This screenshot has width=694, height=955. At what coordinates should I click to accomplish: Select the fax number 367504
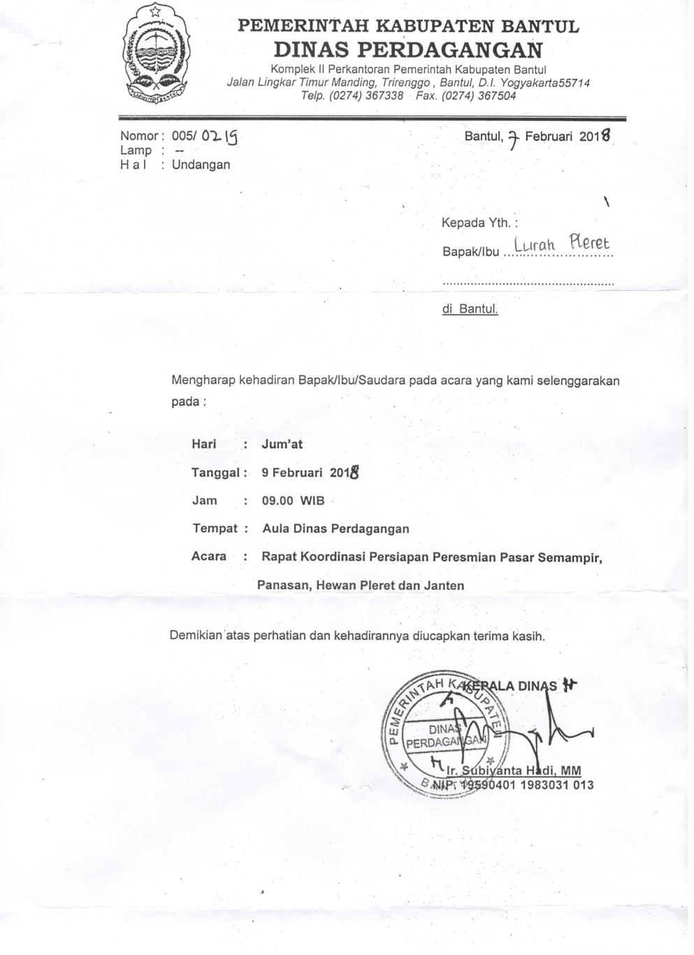496,96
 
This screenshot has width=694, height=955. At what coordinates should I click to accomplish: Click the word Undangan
201,165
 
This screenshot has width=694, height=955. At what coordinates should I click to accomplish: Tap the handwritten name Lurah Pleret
561,244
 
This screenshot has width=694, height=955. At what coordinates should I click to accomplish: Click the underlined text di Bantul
470,308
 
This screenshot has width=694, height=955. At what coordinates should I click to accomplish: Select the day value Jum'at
282,444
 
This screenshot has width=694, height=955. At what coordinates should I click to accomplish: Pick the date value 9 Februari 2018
310,473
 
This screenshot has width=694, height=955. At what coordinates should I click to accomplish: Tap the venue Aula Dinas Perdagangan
335,529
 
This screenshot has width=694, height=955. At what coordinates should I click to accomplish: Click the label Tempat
215,529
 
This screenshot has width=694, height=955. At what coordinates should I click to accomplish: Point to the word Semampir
572,557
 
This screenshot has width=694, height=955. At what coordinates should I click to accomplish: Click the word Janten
444,585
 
